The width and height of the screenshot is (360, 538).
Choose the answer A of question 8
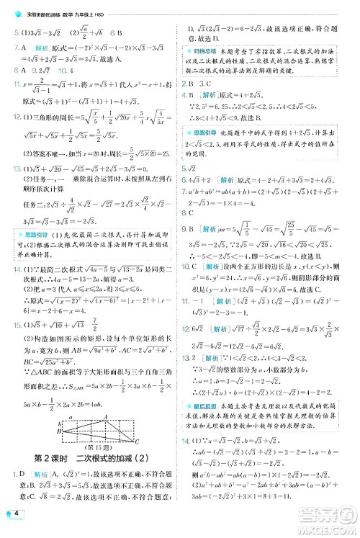point(25,71)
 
